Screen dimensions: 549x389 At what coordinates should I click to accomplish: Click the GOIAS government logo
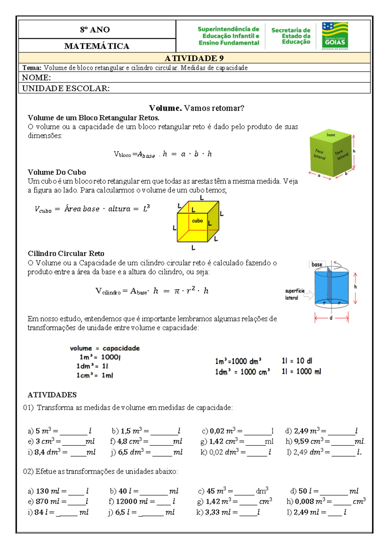(335, 36)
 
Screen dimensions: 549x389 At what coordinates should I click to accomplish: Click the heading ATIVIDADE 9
(194, 58)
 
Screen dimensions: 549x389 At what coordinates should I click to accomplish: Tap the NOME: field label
(36, 78)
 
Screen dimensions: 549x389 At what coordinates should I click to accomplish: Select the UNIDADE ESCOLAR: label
(66, 88)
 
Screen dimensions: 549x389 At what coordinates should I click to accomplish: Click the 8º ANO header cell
(95, 30)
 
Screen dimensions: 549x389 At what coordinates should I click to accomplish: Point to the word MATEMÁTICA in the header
(97, 46)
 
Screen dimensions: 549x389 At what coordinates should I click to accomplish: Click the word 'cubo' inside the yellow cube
(197, 221)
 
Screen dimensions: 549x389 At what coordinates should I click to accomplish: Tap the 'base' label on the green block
(331, 135)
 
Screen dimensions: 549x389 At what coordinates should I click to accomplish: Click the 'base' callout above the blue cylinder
(317, 264)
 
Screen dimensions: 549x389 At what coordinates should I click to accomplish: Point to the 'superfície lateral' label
(294, 294)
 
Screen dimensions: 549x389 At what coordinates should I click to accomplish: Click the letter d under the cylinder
(331, 318)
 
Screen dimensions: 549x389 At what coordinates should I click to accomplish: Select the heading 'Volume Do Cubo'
(57, 172)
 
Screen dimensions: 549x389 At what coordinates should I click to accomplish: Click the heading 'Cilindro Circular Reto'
(66, 253)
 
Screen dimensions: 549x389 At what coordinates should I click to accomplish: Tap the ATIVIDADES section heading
(52, 395)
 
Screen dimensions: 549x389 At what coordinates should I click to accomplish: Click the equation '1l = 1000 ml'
(301, 372)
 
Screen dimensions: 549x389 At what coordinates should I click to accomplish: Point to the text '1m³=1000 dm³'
(238, 361)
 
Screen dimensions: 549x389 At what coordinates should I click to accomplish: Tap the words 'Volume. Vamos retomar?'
(196, 108)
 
